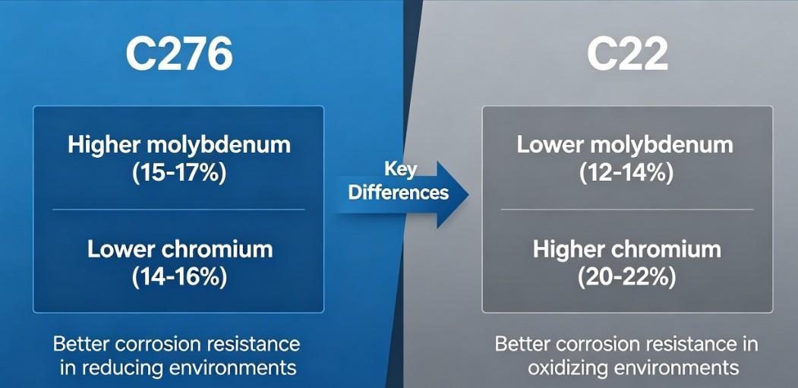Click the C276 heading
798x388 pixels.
(x=178, y=54)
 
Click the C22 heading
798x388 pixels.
(x=627, y=54)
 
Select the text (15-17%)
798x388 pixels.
(x=178, y=173)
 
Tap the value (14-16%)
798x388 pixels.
(x=178, y=277)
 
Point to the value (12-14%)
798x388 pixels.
(x=626, y=173)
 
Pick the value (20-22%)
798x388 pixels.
(x=626, y=277)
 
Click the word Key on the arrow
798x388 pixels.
(x=400, y=169)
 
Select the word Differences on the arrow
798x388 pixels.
(x=398, y=192)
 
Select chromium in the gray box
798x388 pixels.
(x=668, y=249)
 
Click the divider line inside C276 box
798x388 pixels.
(x=178, y=210)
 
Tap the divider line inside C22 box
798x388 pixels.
(x=626, y=210)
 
